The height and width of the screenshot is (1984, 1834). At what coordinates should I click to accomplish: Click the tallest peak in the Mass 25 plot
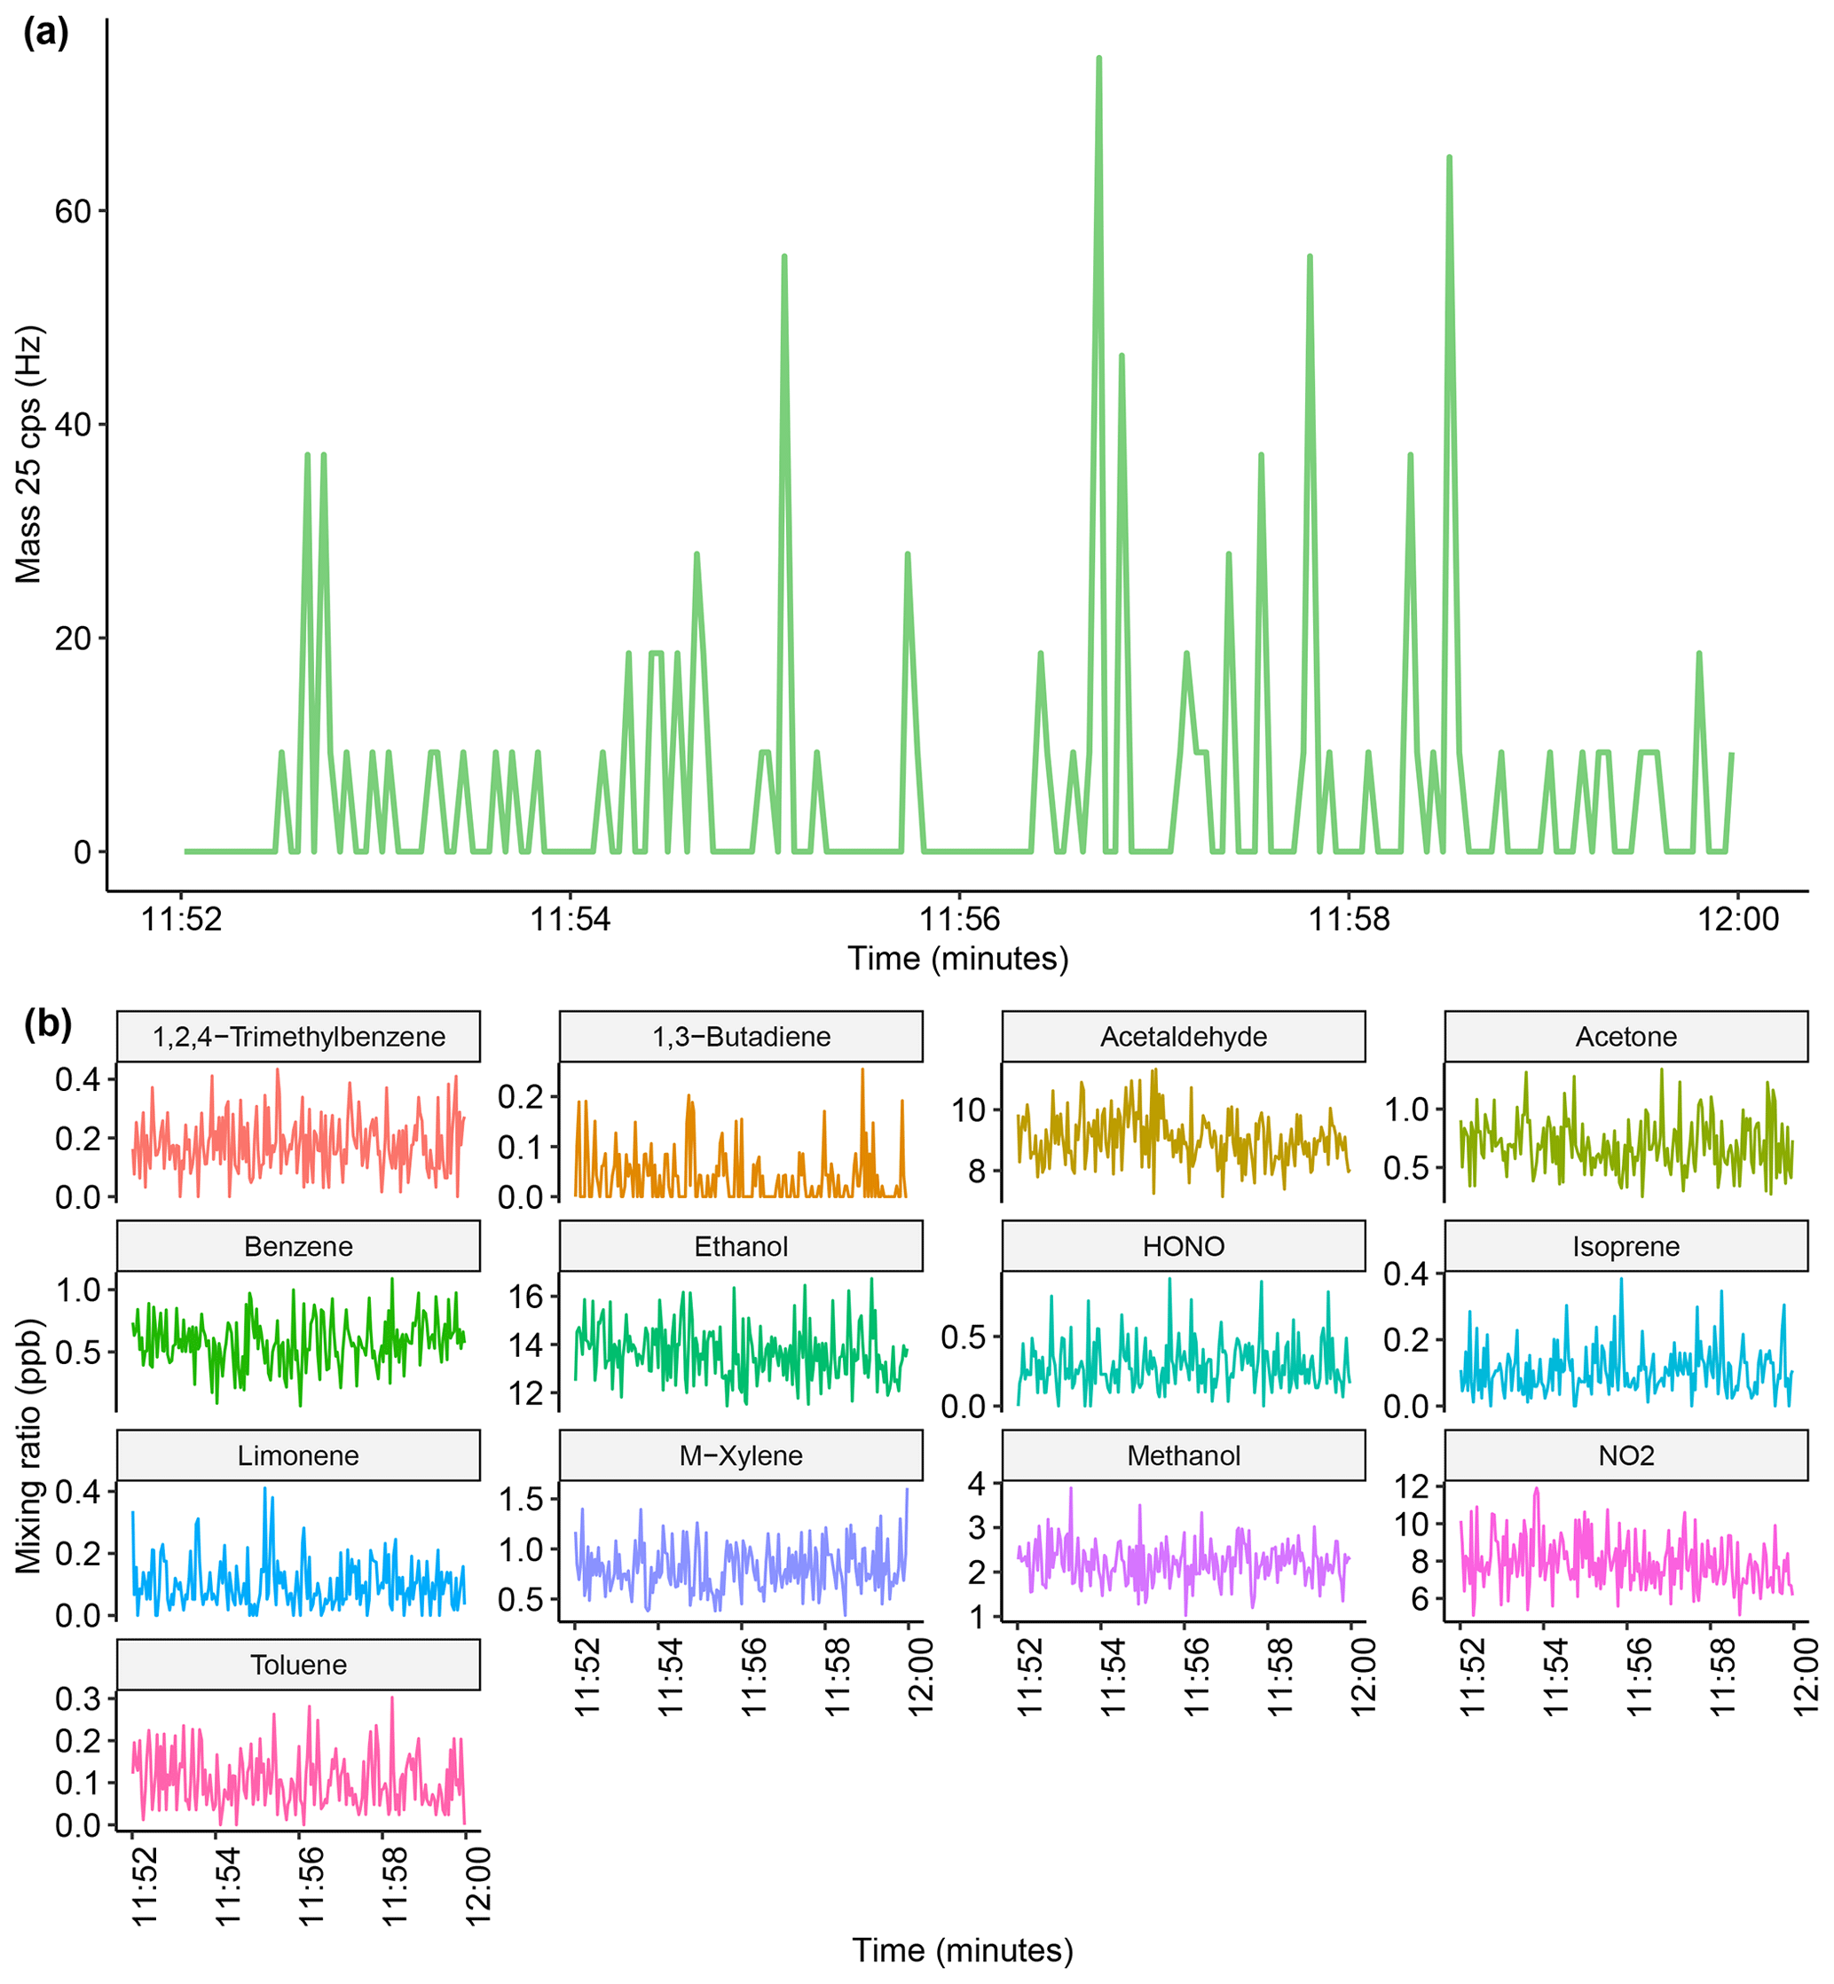[1098, 59]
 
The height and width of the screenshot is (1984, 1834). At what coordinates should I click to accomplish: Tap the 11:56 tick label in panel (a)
[958, 920]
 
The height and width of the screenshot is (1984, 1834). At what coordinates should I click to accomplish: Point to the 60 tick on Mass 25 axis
[73, 211]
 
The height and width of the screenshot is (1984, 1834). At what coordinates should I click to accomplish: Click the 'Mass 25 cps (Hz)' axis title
[28, 454]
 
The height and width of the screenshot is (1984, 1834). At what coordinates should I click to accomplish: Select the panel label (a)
[45, 34]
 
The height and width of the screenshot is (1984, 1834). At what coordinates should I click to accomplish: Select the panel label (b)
[48, 1023]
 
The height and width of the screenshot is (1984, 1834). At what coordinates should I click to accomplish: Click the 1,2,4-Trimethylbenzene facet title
[299, 1037]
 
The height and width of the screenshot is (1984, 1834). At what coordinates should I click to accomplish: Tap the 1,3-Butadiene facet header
[742, 1037]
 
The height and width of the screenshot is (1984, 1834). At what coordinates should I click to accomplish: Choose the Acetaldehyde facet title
[1183, 1037]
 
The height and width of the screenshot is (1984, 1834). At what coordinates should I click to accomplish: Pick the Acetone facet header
[1625, 1037]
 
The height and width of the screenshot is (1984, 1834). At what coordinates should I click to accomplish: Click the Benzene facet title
[299, 1246]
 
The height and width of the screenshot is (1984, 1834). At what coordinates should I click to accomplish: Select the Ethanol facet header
[742, 1246]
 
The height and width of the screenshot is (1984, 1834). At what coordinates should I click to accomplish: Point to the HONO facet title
[1183, 1246]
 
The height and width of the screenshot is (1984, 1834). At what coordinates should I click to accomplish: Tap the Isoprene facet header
[1625, 1246]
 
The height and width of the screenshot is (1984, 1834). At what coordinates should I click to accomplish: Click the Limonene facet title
[299, 1455]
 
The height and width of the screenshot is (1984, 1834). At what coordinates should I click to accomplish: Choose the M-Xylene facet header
[742, 1455]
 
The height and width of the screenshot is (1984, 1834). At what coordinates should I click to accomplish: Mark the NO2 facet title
[1625, 1455]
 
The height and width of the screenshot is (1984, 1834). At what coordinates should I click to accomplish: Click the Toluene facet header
[299, 1665]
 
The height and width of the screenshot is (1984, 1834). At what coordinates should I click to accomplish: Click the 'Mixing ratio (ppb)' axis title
[28, 1446]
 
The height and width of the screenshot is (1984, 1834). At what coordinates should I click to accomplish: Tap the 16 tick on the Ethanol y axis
[526, 1297]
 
